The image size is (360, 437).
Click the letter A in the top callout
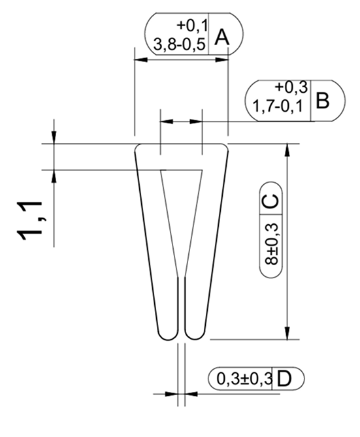pos(222,37)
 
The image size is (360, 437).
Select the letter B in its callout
pos(323,101)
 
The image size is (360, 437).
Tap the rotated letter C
pos(270,201)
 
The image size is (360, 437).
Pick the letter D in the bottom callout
pos(284,379)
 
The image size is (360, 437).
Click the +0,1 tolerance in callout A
pos(192,26)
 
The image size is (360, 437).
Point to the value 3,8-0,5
pos(180,44)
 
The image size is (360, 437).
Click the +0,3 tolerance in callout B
pos(291,88)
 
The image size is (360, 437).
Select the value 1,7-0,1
pos(278,106)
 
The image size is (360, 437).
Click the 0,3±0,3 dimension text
pos(244,379)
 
